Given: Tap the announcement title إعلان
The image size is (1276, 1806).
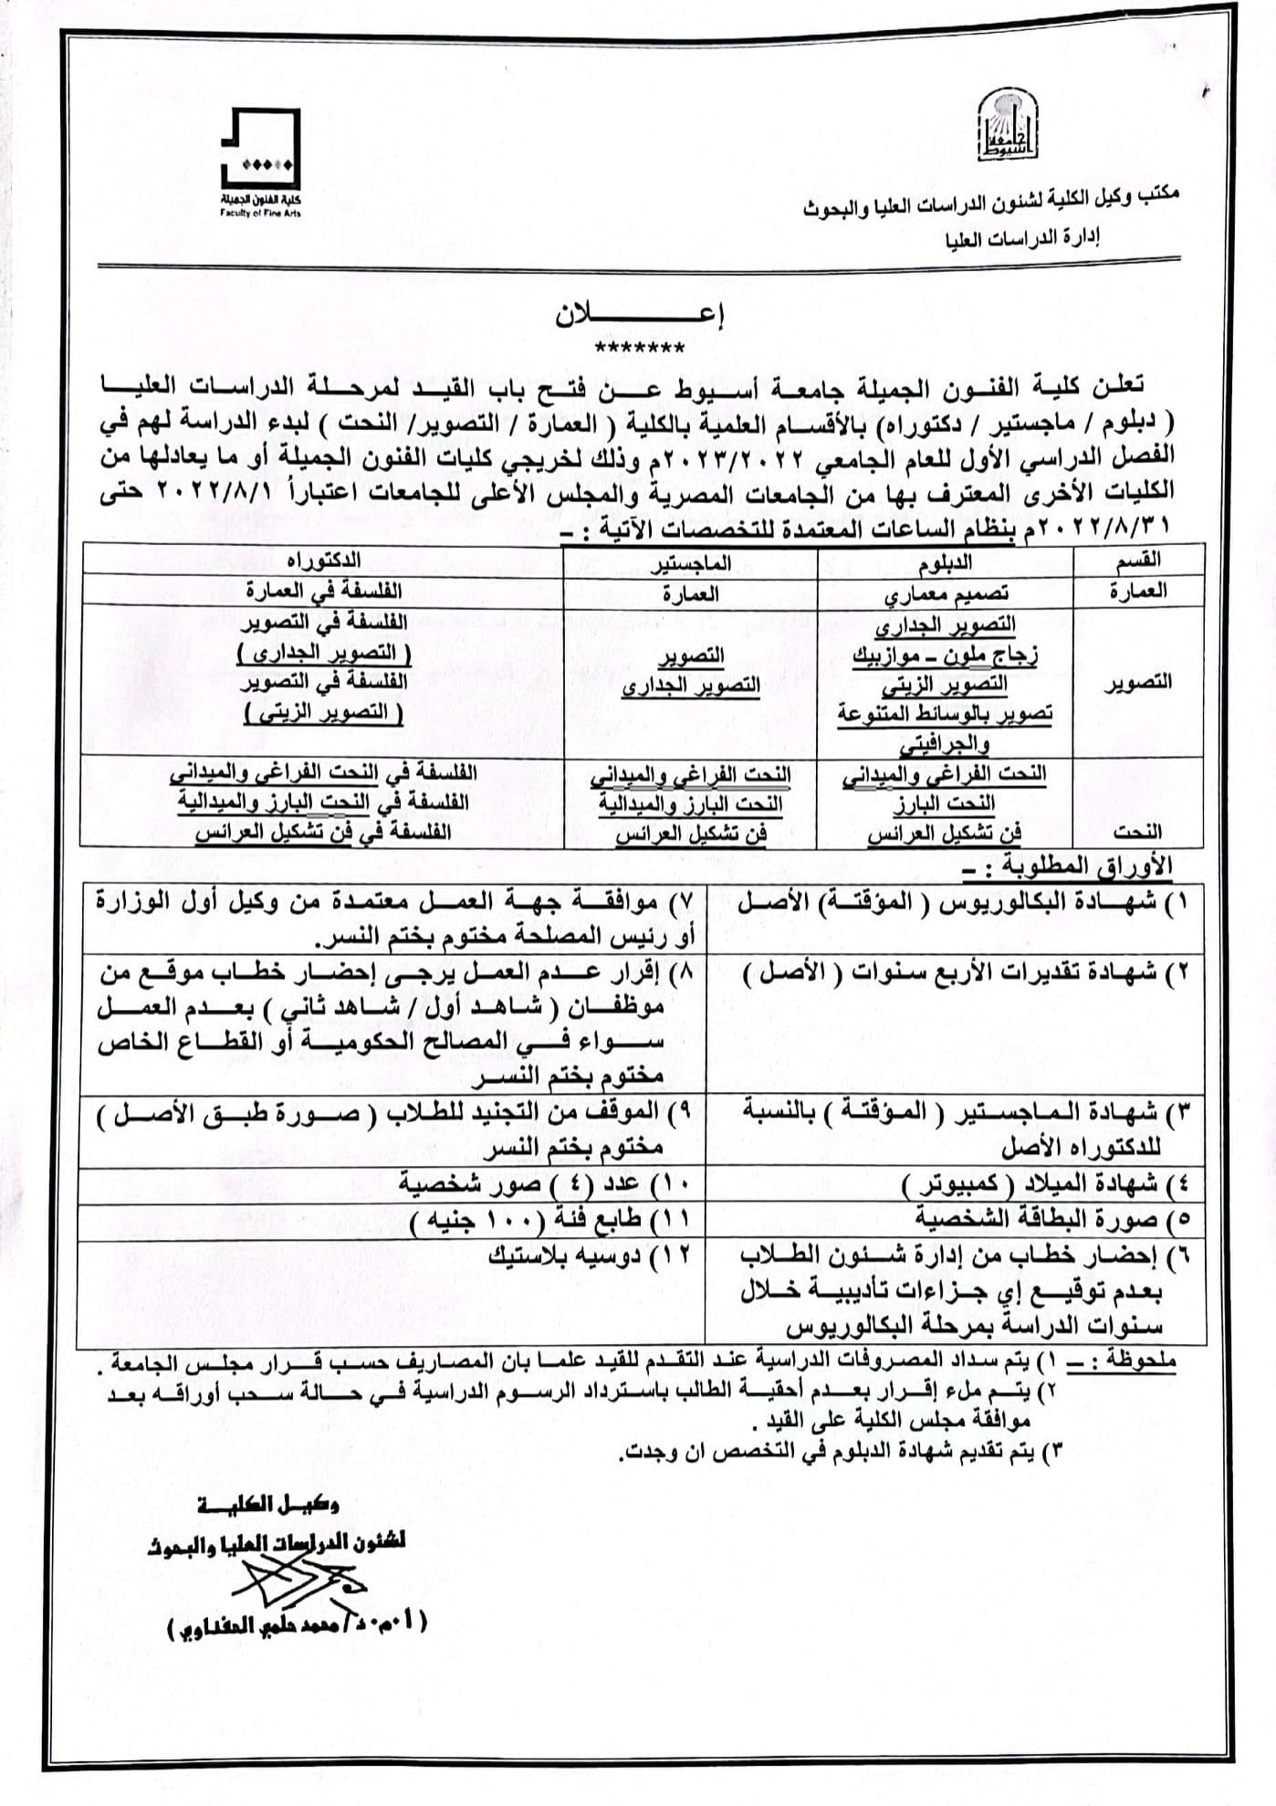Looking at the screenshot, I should tap(639, 316).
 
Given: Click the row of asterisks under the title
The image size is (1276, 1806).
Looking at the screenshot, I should tap(639, 348).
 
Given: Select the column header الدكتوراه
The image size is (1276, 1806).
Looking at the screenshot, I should tap(324, 560).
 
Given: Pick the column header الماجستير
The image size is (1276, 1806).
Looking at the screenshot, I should tap(690, 562).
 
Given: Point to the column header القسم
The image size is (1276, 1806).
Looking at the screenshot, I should tap(1138, 559).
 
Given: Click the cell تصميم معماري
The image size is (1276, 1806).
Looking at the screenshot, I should tap(946, 593).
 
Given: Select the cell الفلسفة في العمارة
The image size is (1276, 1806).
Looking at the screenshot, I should tap(324, 592).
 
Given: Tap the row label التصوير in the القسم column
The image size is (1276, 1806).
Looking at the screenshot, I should tap(1136, 683).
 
